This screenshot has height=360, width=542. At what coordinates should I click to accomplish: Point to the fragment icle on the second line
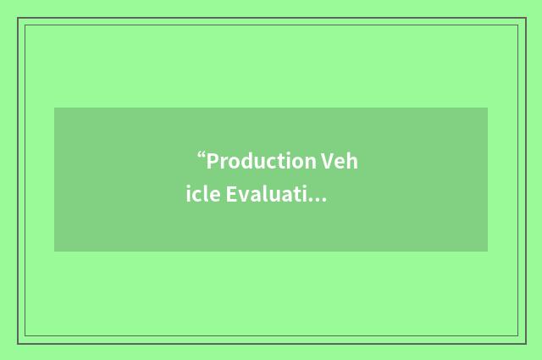click(202, 196)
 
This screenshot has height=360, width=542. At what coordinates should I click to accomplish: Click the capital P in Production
click(213, 161)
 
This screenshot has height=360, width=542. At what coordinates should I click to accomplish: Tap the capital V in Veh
click(328, 161)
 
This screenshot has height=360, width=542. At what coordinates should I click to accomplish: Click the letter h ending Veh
click(352, 161)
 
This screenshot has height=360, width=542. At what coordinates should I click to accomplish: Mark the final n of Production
click(310, 161)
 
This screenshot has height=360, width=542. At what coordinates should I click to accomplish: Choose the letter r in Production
click(224, 163)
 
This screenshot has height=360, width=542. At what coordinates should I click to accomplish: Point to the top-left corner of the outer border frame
click(18, 18)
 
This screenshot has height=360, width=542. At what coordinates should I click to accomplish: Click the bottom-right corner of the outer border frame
click(526, 343)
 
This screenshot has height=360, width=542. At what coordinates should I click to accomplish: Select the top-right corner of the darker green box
click(488, 108)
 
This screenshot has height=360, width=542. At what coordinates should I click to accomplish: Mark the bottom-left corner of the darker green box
click(54, 252)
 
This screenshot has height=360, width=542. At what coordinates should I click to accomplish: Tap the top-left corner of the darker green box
click(54, 108)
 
